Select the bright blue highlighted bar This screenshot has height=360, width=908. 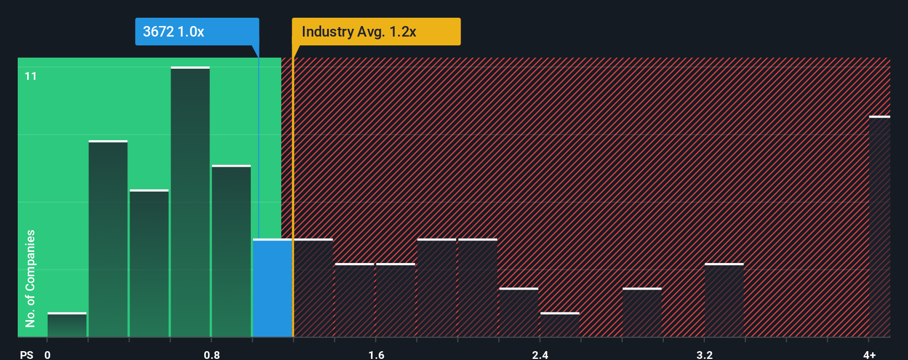272,288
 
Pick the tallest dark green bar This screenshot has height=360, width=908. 190,202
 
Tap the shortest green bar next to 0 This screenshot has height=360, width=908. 67,325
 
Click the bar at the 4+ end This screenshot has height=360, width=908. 879,227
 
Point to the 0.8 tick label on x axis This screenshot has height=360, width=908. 211,354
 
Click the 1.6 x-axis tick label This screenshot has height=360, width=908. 376,354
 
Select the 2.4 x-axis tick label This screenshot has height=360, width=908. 540,354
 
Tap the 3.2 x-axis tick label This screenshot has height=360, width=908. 704,354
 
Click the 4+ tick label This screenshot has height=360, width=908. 869,354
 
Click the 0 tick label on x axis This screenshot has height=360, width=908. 48,354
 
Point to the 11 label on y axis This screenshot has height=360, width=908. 31,76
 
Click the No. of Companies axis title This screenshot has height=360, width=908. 30,278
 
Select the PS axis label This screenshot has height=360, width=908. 27,354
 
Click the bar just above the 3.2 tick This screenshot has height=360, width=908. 724,300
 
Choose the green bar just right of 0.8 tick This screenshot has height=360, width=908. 231,251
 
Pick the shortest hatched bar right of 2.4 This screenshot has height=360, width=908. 560,325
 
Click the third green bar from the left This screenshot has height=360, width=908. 149,264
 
